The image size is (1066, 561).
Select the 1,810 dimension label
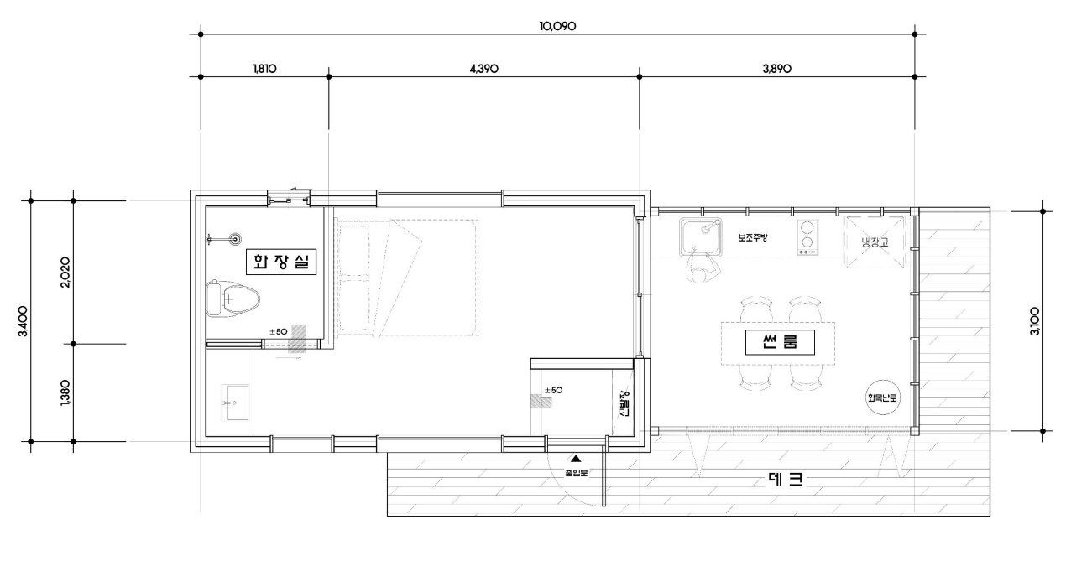(264, 69)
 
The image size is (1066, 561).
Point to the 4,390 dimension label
(484, 69)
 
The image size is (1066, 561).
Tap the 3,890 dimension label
(777, 69)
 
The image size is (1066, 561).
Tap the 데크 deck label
(785, 479)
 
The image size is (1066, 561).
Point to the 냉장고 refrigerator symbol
(875, 242)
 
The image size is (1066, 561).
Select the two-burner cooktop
(807, 237)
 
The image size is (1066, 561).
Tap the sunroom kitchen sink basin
(702, 237)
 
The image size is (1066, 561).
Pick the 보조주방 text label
(753, 238)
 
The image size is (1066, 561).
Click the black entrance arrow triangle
(575, 459)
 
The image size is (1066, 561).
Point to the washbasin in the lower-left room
(234, 403)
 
